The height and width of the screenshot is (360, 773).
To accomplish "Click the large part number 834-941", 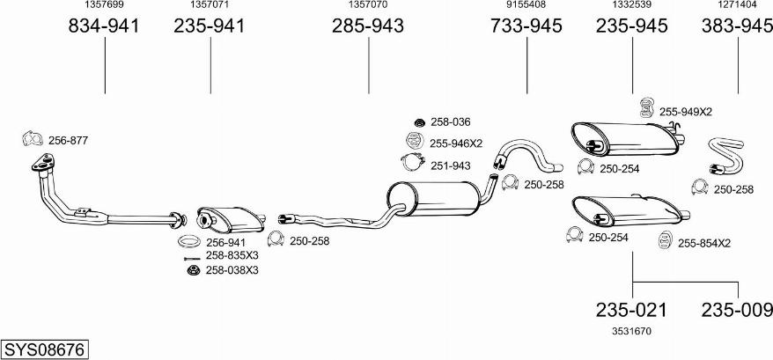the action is click(x=104, y=26).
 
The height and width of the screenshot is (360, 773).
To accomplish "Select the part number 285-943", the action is click(x=368, y=26).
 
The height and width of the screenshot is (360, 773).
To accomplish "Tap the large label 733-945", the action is click(x=526, y=26).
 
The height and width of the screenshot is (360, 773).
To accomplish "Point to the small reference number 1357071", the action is click(x=210, y=4).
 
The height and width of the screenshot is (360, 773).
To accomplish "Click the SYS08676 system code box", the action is click(x=45, y=349).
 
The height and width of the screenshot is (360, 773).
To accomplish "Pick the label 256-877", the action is click(x=68, y=141).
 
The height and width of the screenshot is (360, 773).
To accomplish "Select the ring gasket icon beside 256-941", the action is click(x=188, y=242).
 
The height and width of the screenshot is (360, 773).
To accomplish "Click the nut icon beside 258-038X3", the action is click(x=192, y=270).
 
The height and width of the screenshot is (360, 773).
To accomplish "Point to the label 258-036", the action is click(x=451, y=121).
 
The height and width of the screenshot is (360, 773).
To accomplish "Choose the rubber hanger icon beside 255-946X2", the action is click(x=415, y=141).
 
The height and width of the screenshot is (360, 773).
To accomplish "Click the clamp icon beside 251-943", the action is click(x=413, y=162).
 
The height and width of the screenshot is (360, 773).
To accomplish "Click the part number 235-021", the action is click(x=631, y=310).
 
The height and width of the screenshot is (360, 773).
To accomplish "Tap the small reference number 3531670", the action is click(x=631, y=332).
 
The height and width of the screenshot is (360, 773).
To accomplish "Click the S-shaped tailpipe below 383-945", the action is click(x=726, y=157).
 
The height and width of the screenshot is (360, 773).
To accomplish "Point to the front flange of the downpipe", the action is click(x=44, y=163).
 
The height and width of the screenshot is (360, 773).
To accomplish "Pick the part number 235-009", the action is click(x=737, y=310).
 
